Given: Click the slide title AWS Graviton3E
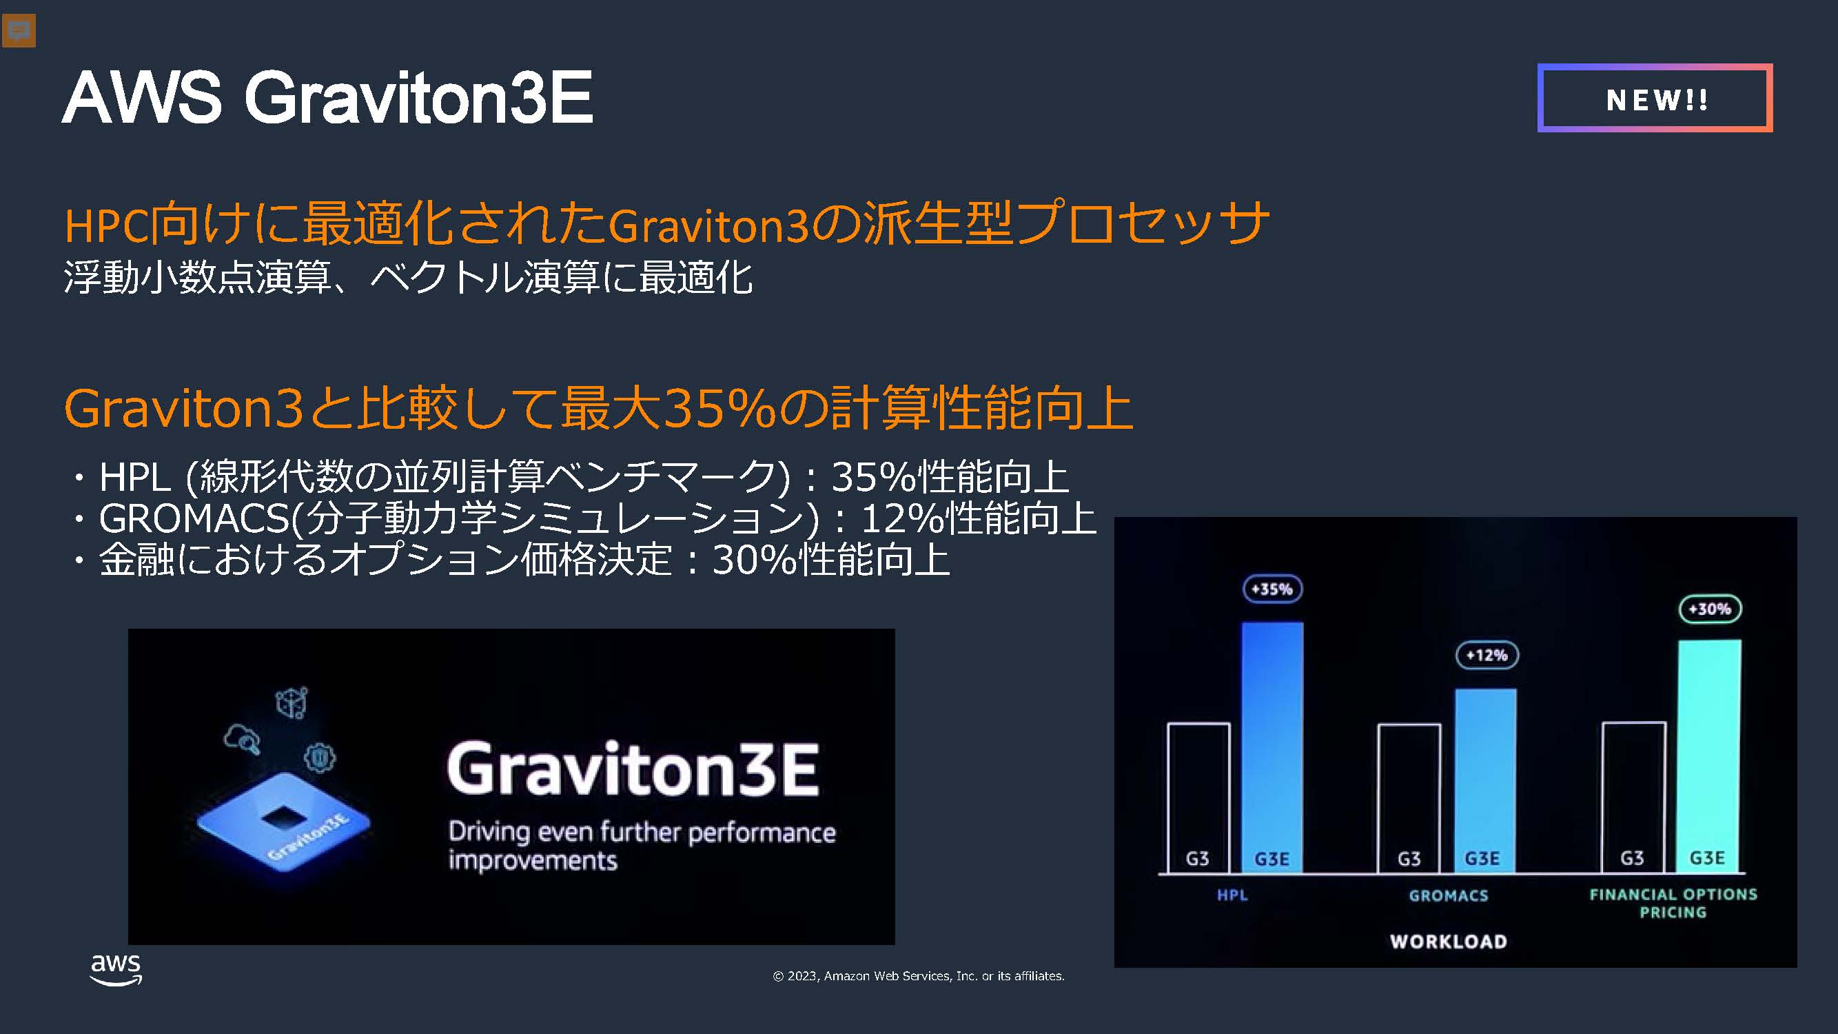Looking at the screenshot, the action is point(327,97).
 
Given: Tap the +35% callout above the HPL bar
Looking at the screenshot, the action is point(1272,589).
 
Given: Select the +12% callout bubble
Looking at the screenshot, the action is point(1487,655).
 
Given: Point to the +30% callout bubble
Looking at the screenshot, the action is point(1710,609).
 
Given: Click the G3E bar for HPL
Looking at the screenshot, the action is point(1272,747).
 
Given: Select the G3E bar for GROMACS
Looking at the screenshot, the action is point(1486,781).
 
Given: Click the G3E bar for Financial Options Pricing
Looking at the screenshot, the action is point(1709,756).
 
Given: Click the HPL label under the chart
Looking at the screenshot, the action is point(1232,895).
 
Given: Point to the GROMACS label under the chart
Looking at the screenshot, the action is point(1449,895).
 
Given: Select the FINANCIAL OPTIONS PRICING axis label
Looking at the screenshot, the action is point(1673,904).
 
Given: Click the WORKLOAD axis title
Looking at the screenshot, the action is point(1449,942).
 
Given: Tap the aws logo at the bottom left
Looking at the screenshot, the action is point(116,969).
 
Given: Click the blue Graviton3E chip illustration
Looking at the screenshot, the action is point(283,828).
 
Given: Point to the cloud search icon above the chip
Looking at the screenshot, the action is point(242,739).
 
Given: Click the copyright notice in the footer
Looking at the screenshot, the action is point(918,976).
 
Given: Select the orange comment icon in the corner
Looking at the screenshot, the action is point(19,31).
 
